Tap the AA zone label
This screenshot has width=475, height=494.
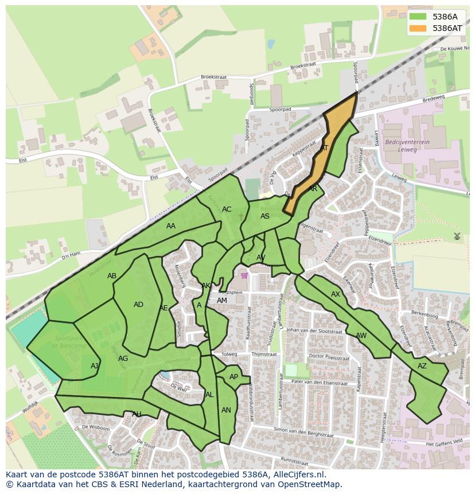[x=171, y=226]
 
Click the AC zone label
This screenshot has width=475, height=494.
[x=227, y=209]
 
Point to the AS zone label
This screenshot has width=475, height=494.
[x=265, y=216]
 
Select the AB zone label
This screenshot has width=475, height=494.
[x=112, y=276]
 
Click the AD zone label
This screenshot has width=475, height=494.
[x=138, y=305]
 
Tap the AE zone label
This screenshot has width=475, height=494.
[x=163, y=308]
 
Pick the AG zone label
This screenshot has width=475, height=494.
[x=123, y=359]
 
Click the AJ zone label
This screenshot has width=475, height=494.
[x=95, y=366]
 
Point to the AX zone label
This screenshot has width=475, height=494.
[x=336, y=294]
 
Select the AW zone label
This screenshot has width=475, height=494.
[x=361, y=336]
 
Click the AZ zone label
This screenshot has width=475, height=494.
[x=422, y=366]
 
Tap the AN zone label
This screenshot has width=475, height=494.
[x=226, y=410]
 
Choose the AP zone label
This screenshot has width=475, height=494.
[x=233, y=377]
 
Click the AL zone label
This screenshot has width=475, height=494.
[x=209, y=395]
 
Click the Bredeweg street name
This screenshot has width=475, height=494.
[x=433, y=98]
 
